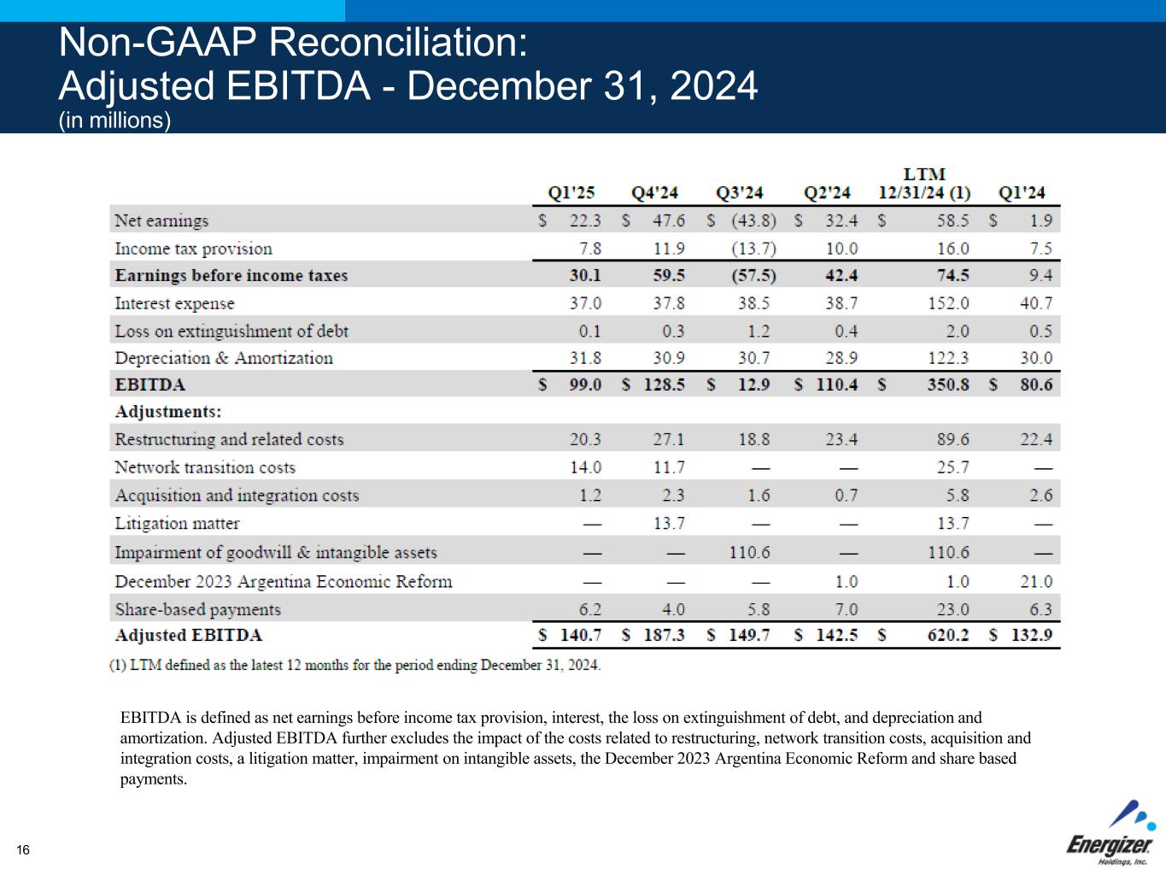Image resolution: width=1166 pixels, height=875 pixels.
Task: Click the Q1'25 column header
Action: pyautogui.click(x=571, y=193)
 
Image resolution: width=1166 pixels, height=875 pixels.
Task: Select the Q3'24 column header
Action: pyautogui.click(x=739, y=193)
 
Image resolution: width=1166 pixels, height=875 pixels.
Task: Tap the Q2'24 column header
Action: pyautogui.click(x=827, y=193)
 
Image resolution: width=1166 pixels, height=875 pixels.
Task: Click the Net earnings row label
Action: pyautogui.click(x=161, y=220)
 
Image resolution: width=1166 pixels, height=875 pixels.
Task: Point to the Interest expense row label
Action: pyautogui.click(x=174, y=303)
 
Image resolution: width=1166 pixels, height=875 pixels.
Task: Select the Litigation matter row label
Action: pyautogui.click(x=177, y=523)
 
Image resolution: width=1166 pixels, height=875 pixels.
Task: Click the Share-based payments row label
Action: pyautogui.click(x=197, y=609)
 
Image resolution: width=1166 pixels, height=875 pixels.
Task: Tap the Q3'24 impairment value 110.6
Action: pyautogui.click(x=749, y=552)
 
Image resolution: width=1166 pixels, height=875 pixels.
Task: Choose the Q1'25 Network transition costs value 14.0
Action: pyautogui.click(x=586, y=467)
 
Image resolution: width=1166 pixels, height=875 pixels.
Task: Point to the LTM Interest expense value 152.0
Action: pyautogui.click(x=948, y=303)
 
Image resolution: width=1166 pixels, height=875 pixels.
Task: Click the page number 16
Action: pyautogui.click(x=23, y=849)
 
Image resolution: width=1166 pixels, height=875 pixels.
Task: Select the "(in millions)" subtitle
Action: pyautogui.click(x=114, y=120)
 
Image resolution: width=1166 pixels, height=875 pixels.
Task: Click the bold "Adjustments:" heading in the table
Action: pyautogui.click(x=168, y=412)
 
